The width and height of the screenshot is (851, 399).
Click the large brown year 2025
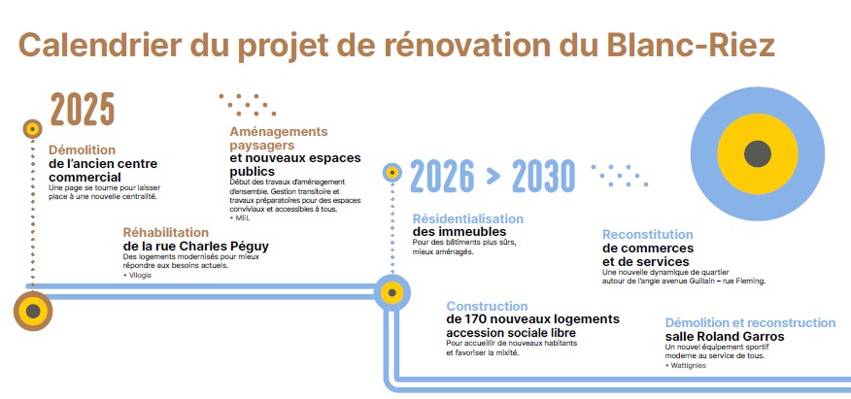(83, 109)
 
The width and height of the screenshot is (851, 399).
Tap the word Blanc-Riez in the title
(691, 45)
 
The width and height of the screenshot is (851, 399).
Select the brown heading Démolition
(82, 150)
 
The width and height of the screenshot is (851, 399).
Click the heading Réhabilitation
(165, 233)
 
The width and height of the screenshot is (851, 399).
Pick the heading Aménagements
(279, 132)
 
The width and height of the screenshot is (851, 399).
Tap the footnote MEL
(242, 217)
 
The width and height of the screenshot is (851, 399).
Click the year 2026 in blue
(442, 176)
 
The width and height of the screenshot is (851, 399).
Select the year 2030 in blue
(543, 176)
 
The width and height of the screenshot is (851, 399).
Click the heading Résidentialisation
(468, 219)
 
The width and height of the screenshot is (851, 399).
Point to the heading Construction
(487, 307)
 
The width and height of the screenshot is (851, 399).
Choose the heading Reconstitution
(647, 235)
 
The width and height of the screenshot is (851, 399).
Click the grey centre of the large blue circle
(757, 154)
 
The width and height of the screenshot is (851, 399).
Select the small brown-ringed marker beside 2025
(33, 129)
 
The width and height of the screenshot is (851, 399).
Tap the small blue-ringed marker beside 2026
(391, 173)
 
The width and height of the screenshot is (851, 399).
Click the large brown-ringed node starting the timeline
(33, 312)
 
